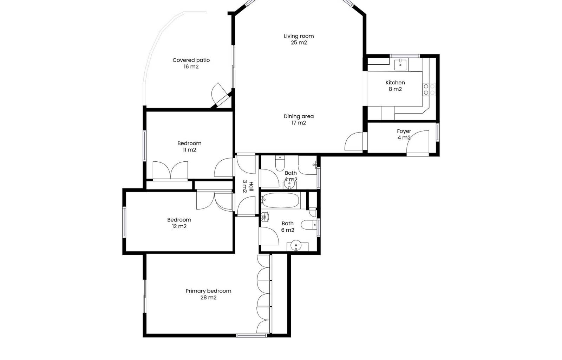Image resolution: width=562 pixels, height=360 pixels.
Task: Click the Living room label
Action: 299,36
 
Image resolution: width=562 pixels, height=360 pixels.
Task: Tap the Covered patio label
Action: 191,60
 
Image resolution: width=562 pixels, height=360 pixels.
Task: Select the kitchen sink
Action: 400,65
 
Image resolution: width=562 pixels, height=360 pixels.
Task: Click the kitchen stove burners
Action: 429,90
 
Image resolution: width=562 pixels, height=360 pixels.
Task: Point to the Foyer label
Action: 404,131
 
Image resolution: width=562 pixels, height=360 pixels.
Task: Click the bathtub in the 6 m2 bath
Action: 281,200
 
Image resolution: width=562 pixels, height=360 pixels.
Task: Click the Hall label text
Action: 251,187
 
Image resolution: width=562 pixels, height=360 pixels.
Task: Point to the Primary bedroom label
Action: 208,291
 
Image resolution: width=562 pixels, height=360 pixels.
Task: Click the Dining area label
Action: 299,116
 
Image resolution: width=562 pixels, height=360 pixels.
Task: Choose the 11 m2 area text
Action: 189,150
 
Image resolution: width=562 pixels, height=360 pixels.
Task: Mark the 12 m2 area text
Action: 179,226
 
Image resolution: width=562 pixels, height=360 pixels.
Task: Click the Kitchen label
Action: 395,83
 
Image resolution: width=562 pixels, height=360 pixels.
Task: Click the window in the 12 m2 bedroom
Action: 124,222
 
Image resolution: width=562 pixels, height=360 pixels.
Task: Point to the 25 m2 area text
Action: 299,43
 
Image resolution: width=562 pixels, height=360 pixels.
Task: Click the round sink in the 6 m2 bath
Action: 296,245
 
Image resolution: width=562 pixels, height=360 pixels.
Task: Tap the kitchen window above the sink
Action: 405,56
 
